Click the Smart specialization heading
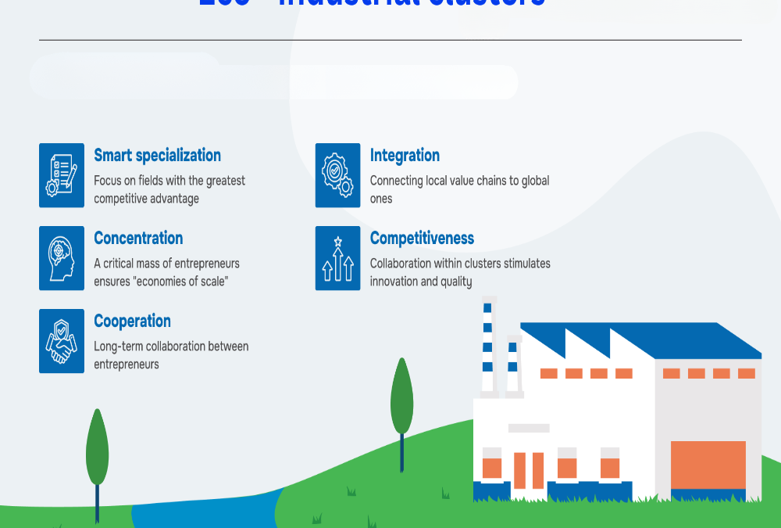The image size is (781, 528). [157, 155]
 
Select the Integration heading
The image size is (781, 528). [405, 155]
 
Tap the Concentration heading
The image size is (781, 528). [138, 238]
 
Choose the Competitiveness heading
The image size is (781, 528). [422, 238]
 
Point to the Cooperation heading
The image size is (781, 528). [132, 321]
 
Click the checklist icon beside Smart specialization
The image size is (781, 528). [62, 175]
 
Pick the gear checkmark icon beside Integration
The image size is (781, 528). [337, 175]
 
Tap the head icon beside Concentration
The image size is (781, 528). [62, 258]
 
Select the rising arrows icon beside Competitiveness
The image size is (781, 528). [337, 258]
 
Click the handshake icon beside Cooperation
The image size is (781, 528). [62, 341]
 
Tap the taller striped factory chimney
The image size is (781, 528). [488, 344]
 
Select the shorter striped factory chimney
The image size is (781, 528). [513, 364]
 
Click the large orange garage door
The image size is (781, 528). [708, 465]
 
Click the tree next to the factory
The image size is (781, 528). [401, 397]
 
